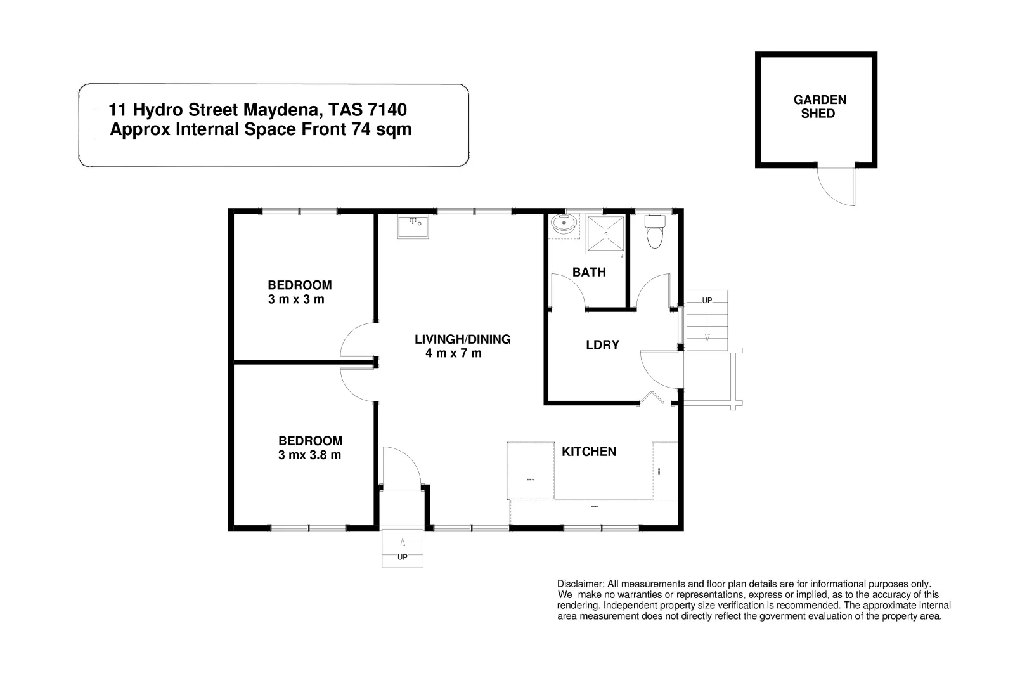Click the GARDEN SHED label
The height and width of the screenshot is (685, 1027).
(x=819, y=107)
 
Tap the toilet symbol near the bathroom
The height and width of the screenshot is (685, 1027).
(x=654, y=232)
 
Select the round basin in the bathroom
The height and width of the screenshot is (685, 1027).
(x=563, y=225)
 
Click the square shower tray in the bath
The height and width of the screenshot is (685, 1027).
(x=605, y=234)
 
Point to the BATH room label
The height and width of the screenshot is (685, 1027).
(x=589, y=272)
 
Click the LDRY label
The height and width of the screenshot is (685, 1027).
(x=602, y=345)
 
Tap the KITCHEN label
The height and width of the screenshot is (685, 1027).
(x=589, y=452)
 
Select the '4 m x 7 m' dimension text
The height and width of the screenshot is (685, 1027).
(x=453, y=353)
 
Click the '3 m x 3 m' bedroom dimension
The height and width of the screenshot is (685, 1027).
(x=296, y=299)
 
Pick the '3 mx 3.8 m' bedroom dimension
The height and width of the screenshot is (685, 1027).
(x=309, y=455)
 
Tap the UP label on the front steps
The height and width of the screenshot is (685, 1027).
(x=402, y=558)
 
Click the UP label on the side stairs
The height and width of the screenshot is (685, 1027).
(x=707, y=300)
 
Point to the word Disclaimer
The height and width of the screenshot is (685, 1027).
(x=580, y=584)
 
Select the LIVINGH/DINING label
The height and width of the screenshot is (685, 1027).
(x=462, y=339)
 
